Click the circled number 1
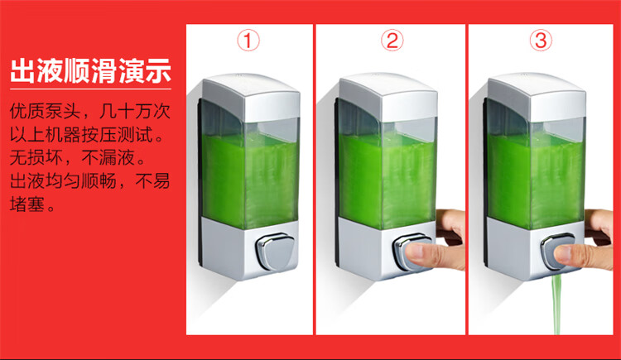[248, 41]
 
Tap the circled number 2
[392, 41]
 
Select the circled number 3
[541, 41]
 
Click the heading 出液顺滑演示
[91, 71]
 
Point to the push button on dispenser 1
[276, 251]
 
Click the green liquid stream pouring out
[556, 305]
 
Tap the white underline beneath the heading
[91, 89]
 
